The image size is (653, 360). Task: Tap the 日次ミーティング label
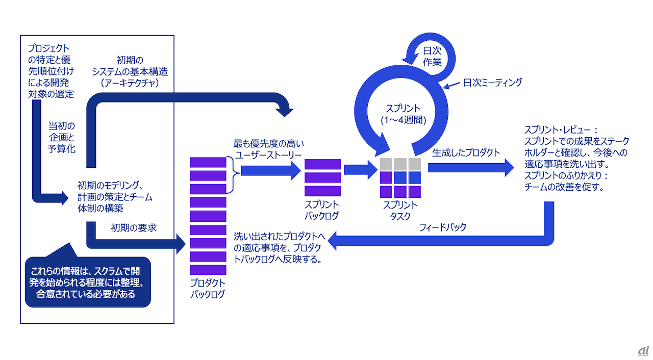pyautogui.click(x=492, y=82)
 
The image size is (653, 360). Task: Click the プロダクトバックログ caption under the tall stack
pyautogui.click(x=208, y=289)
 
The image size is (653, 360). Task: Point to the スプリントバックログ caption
pyautogui.click(x=322, y=210)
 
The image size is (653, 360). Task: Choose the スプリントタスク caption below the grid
pyautogui.click(x=400, y=210)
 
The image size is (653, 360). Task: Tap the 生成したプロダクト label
pyautogui.click(x=466, y=152)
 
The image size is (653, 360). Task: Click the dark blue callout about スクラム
pyautogui.click(x=88, y=282)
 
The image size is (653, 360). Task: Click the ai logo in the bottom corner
pyautogui.click(x=642, y=351)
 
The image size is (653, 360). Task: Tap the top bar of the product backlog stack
pyautogui.click(x=208, y=163)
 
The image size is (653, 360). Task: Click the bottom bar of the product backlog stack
pyautogui.click(x=208, y=270)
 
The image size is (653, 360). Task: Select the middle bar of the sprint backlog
pyautogui.click(x=322, y=177)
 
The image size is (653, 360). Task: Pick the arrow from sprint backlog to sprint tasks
pyautogui.click(x=360, y=170)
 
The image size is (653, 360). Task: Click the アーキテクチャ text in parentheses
pyautogui.click(x=131, y=82)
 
